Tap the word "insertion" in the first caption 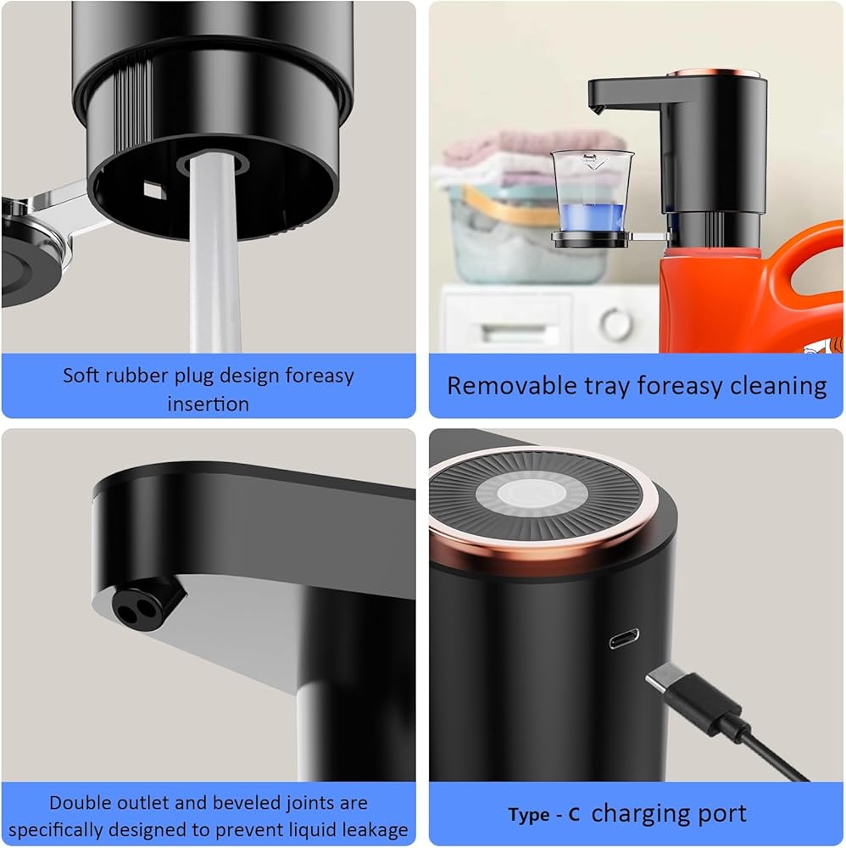pos(209,404)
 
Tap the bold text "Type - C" pos(544,814)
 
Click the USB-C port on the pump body pos(624,639)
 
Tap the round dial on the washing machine pos(615,323)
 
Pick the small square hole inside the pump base pos(151,189)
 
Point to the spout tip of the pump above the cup pos(598,109)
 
